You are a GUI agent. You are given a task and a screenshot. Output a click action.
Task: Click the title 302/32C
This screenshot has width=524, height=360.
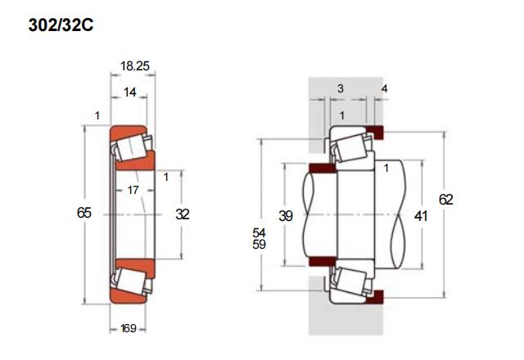[61, 25]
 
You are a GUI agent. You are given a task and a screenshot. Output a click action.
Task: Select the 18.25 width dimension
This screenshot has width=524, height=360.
[134, 66]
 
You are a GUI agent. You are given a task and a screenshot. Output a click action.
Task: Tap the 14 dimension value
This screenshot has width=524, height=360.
[130, 92]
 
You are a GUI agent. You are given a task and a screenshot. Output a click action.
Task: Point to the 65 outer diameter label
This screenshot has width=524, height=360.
[84, 213]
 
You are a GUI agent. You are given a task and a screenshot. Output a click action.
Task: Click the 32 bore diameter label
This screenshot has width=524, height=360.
[183, 214]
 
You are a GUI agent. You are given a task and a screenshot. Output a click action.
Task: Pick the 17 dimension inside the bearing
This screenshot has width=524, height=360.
[133, 191]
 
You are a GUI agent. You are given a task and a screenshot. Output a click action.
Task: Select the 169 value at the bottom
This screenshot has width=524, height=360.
[129, 329]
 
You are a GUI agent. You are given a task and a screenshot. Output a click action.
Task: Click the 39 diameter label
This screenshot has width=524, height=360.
[286, 216]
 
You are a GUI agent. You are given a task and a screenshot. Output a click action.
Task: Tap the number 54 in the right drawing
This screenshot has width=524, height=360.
[259, 232]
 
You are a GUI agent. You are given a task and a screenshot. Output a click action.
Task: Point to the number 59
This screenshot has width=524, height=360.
[259, 245]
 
